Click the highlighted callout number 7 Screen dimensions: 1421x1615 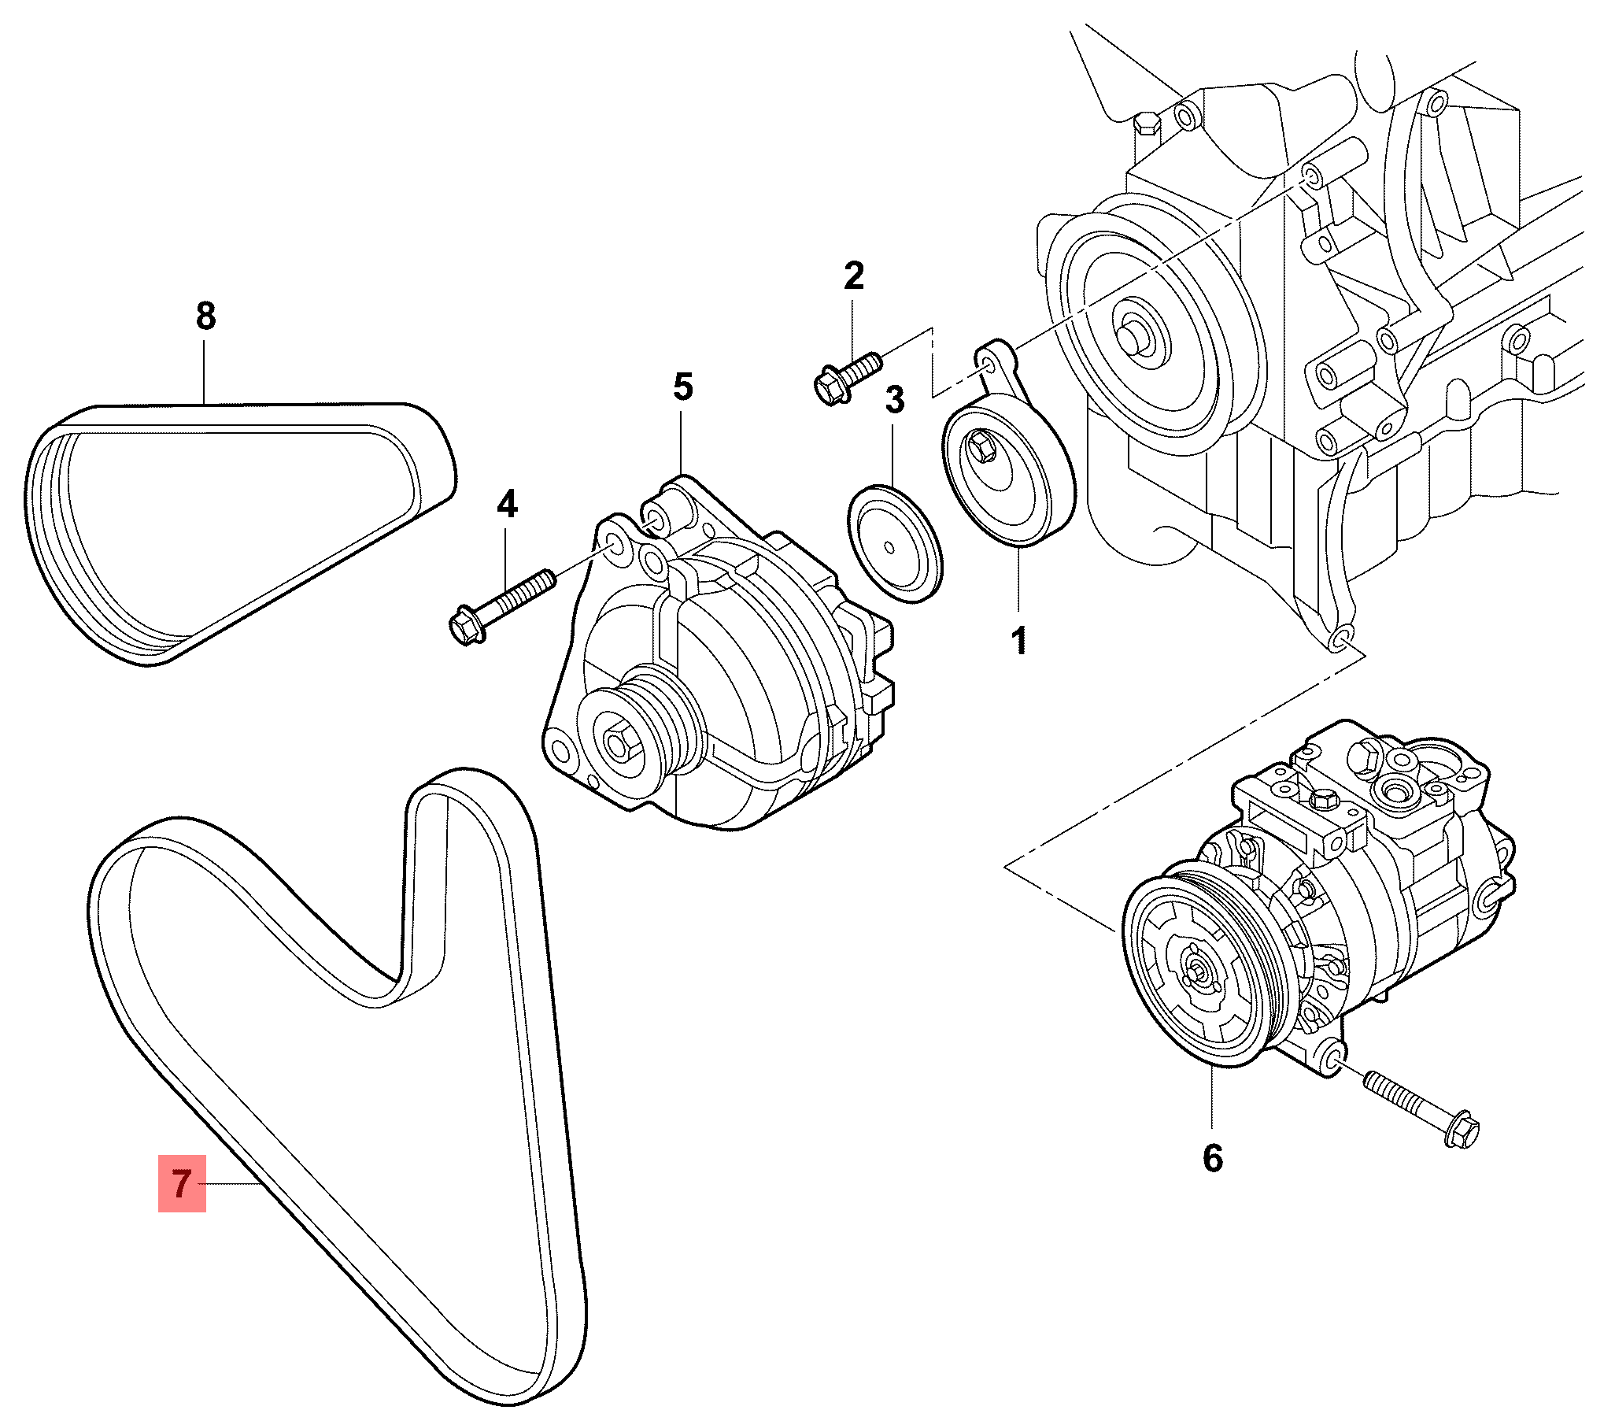pyautogui.click(x=182, y=1184)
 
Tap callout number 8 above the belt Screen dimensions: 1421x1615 pyautogui.click(x=205, y=316)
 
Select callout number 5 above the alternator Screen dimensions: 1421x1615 pyautogui.click(x=683, y=387)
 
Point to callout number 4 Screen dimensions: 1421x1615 pyautogui.click(x=508, y=504)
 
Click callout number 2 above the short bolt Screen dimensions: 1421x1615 pyautogui.click(x=853, y=276)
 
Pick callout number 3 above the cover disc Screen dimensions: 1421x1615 pyautogui.click(x=894, y=400)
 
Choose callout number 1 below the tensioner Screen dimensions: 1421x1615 pyautogui.click(x=1019, y=640)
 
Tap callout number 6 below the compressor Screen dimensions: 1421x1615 pyautogui.click(x=1213, y=1159)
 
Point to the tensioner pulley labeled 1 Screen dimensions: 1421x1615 pyautogui.click(x=1007, y=474)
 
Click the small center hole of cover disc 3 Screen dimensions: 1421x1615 pyautogui.click(x=889, y=546)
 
